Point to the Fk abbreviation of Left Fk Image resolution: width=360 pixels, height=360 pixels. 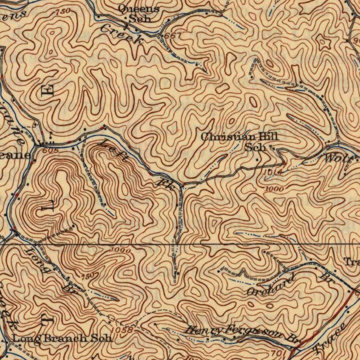165,184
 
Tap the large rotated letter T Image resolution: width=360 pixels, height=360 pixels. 48,319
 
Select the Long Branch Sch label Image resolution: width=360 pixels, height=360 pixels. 63,339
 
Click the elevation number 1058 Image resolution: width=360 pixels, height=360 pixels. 123,330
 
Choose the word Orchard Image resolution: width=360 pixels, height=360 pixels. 270,285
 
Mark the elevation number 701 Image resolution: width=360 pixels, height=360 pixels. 276,353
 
